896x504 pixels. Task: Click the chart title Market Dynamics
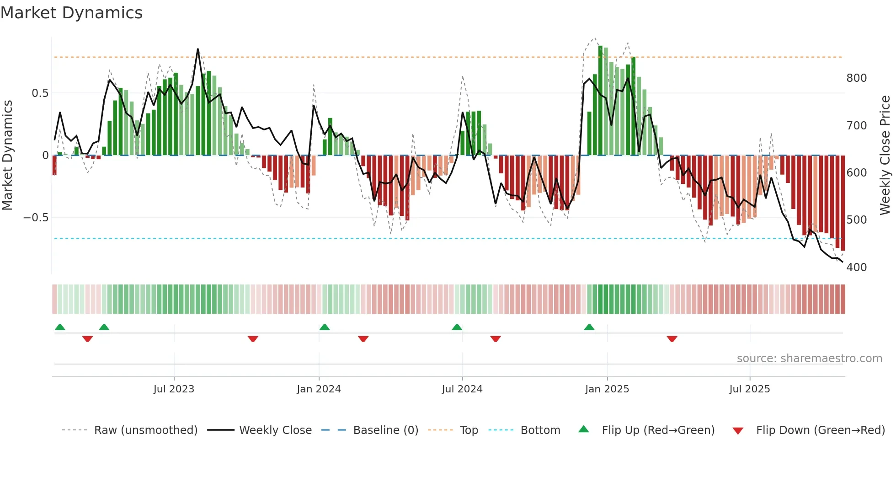click(x=71, y=13)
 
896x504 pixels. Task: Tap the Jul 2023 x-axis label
click(x=174, y=389)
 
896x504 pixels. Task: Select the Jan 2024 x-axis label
click(x=319, y=389)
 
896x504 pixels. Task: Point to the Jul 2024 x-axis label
click(x=462, y=389)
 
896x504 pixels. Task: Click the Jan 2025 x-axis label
click(x=607, y=389)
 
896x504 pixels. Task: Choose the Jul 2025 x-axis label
click(x=749, y=389)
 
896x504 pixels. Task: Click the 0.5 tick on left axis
click(x=40, y=93)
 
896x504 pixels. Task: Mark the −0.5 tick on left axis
click(x=36, y=218)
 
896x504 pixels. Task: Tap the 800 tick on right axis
click(x=856, y=78)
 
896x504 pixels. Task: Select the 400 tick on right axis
click(x=856, y=268)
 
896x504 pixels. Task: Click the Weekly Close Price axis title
click(x=885, y=155)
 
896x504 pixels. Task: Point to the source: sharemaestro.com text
click(x=809, y=359)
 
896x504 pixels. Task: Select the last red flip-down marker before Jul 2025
click(x=672, y=339)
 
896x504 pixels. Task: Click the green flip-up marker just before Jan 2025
click(x=589, y=327)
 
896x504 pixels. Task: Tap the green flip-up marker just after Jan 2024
click(x=324, y=327)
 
